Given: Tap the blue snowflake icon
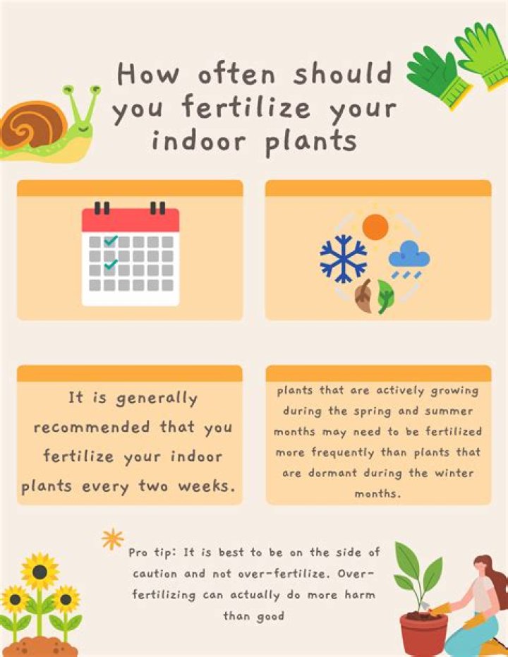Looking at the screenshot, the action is click(x=344, y=258).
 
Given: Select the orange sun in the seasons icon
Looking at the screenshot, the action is click(x=375, y=227).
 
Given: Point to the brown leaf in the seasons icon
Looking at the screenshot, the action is click(x=363, y=296).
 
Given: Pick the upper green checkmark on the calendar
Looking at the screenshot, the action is click(x=111, y=241).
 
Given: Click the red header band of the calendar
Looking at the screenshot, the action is click(x=131, y=220).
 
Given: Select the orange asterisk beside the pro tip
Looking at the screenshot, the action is click(x=113, y=539).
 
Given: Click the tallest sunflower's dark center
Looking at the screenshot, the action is click(x=40, y=572).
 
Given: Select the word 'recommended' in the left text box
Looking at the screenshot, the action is click(x=91, y=428).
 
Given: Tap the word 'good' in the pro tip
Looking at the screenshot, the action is click(x=270, y=617).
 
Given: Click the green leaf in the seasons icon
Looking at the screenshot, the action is click(x=385, y=296).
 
